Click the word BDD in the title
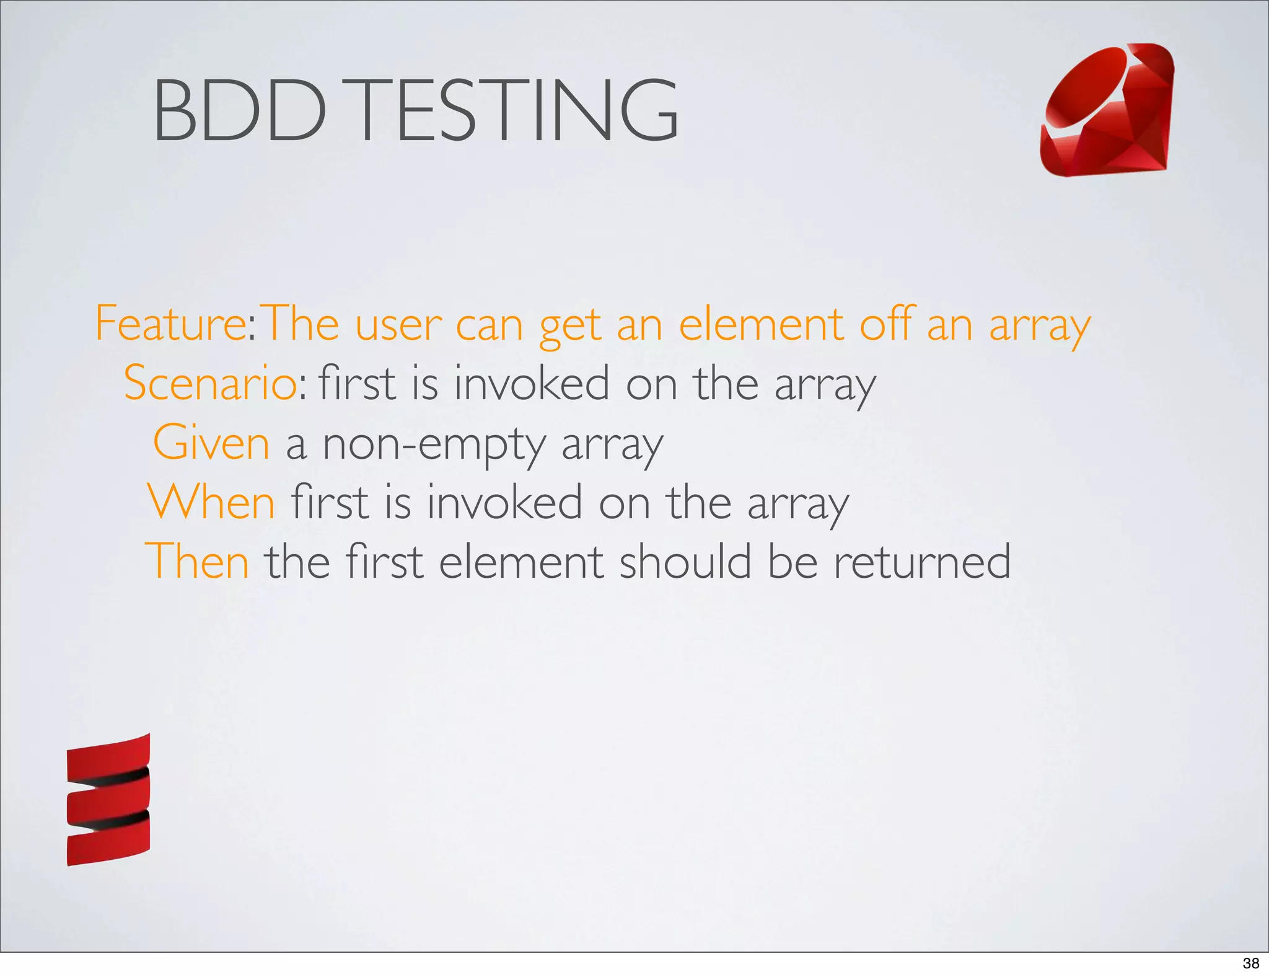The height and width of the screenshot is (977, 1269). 239,110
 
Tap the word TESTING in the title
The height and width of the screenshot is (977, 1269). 517,110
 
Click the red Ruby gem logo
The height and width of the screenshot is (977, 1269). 1107,110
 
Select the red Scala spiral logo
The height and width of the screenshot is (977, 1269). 108,800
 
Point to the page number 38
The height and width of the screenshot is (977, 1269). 1250,963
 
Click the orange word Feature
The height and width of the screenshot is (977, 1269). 171,324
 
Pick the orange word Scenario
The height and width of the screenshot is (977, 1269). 210,383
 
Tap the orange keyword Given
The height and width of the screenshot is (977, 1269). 211,443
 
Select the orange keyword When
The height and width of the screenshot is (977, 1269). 211,502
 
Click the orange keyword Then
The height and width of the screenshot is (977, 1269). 197,562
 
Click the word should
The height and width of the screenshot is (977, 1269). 685,562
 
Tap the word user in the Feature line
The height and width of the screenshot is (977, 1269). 398,325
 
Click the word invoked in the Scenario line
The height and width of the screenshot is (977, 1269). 532,383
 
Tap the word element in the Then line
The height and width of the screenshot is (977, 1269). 520,562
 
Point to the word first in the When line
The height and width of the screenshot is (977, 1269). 330,502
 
